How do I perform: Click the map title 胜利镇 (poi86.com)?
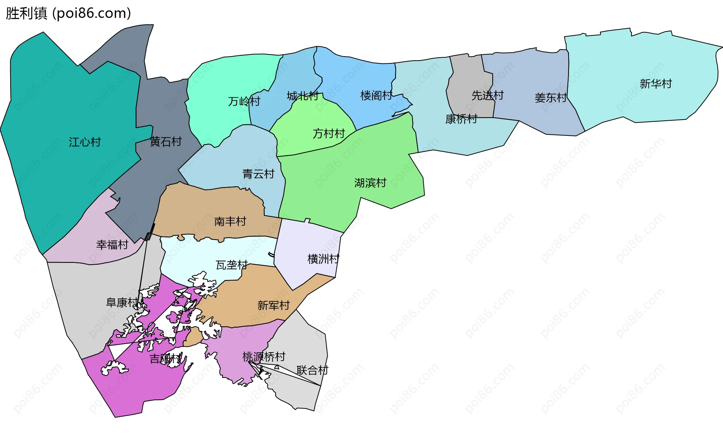(68, 13)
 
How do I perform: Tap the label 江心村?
(85, 142)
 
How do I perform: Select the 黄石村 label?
(166, 141)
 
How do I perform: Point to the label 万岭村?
(244, 101)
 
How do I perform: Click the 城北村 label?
(303, 96)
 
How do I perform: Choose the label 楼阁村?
(377, 95)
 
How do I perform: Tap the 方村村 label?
(329, 134)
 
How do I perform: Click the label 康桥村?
(461, 119)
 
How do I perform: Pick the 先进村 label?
(488, 95)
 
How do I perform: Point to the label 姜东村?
(551, 98)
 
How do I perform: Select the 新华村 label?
(656, 84)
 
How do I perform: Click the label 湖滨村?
(370, 183)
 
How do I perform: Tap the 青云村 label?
(258, 174)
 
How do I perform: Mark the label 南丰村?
(230, 221)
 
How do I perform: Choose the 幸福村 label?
(112, 245)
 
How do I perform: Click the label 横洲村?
(323, 259)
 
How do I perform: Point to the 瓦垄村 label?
(232, 265)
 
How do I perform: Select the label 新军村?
(273, 305)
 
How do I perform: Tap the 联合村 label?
(312, 370)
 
